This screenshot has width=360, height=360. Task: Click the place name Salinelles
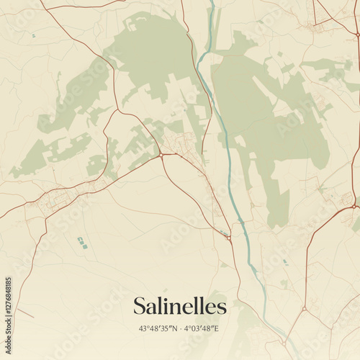[x=179, y=306]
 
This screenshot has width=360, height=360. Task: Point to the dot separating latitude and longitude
[x=179, y=328]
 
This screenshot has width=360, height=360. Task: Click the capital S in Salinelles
[x=140, y=306]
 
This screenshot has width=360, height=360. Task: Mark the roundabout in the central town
[x=161, y=154]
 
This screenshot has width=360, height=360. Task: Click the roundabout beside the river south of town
[x=228, y=238]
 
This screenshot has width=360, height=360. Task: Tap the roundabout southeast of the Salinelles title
[x=304, y=310]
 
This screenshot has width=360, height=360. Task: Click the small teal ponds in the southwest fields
[x=81, y=243]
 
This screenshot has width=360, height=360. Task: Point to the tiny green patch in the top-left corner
[x=33, y=35]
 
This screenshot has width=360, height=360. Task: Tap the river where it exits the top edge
[x=212, y=3]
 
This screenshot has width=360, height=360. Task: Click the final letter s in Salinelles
[x=221, y=307]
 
